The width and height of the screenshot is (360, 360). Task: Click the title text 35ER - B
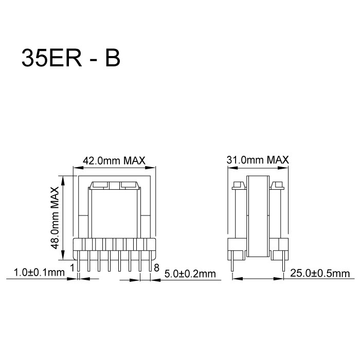click(70, 59)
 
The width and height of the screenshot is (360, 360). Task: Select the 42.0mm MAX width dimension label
click(114, 160)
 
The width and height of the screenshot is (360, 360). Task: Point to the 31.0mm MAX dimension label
click(258, 160)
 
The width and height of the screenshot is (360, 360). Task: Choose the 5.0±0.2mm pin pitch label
click(189, 273)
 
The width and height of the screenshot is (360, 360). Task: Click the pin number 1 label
click(73, 266)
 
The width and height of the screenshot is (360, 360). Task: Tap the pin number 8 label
click(156, 266)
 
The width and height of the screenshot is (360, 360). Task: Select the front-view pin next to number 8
click(150, 262)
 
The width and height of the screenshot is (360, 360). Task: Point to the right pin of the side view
click(283, 262)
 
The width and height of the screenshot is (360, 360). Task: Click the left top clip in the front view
click(99, 185)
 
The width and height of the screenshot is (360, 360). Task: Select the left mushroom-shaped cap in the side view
click(237, 186)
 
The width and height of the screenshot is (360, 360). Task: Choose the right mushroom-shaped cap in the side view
click(279, 186)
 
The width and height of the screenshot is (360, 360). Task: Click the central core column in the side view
click(258, 216)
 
